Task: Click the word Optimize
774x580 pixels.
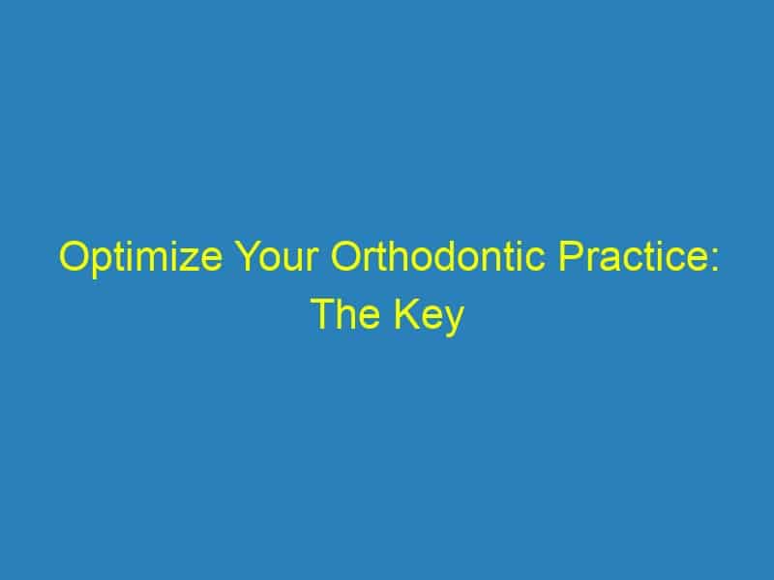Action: pos(140,257)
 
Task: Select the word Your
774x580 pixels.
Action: pos(278,255)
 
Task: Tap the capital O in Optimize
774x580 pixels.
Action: pos(75,255)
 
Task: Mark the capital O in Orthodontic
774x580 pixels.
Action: pos(347,255)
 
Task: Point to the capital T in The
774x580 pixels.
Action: pos(326,313)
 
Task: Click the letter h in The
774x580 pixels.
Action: pos(349,313)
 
